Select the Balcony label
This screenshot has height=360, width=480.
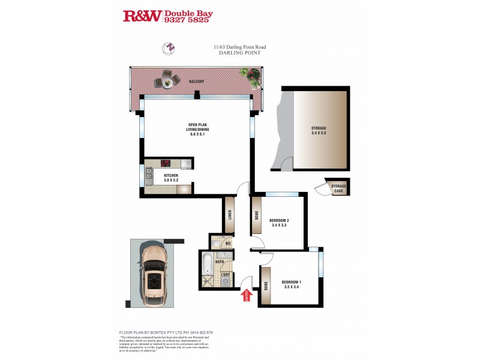coord(196,82)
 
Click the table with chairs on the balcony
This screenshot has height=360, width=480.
coord(167,80)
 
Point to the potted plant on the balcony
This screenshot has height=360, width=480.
coord(251,76)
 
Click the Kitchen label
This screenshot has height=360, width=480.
coord(172,175)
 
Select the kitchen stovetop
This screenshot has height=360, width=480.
coord(167,163)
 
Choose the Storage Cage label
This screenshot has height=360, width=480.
coord(339,189)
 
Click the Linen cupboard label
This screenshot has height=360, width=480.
coord(230,215)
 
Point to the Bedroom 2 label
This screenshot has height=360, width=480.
coord(279,220)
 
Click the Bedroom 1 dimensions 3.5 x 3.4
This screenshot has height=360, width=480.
coord(292,287)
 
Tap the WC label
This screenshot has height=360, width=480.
coord(228,244)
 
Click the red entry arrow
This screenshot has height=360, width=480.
coord(245,296)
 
